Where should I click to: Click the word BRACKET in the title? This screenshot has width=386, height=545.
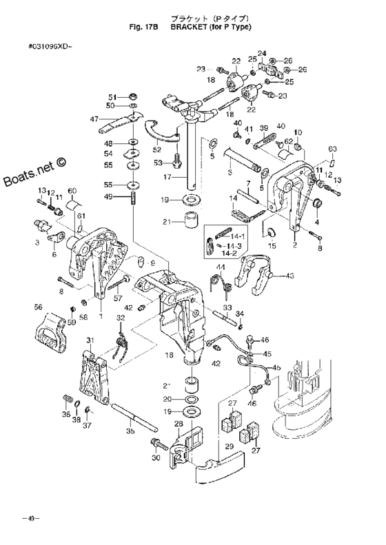191,29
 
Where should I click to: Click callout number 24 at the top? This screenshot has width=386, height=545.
261,53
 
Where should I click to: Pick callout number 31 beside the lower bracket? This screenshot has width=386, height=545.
90,341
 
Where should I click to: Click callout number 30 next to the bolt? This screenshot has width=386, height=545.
156,457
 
